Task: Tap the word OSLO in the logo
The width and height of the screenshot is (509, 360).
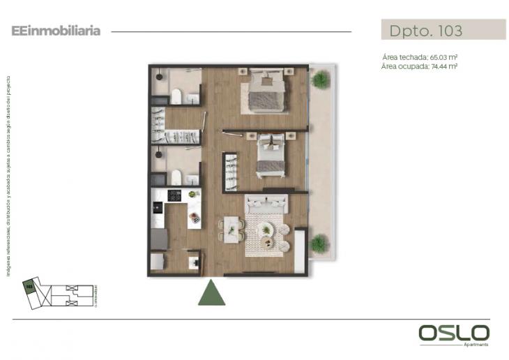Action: point(454,333)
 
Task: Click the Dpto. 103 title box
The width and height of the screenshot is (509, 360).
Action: point(443,31)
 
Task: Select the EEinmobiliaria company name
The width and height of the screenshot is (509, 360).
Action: point(56,31)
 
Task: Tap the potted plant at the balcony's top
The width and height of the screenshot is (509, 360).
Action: point(320,80)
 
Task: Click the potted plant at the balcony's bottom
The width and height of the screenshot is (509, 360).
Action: point(319,243)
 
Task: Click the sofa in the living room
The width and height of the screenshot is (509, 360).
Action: point(266,204)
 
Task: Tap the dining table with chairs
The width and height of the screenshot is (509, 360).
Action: point(230,230)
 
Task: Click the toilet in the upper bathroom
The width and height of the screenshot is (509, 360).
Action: point(176,96)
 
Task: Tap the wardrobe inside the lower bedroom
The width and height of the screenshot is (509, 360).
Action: point(229,170)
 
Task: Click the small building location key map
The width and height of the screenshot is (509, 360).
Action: point(59,292)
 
